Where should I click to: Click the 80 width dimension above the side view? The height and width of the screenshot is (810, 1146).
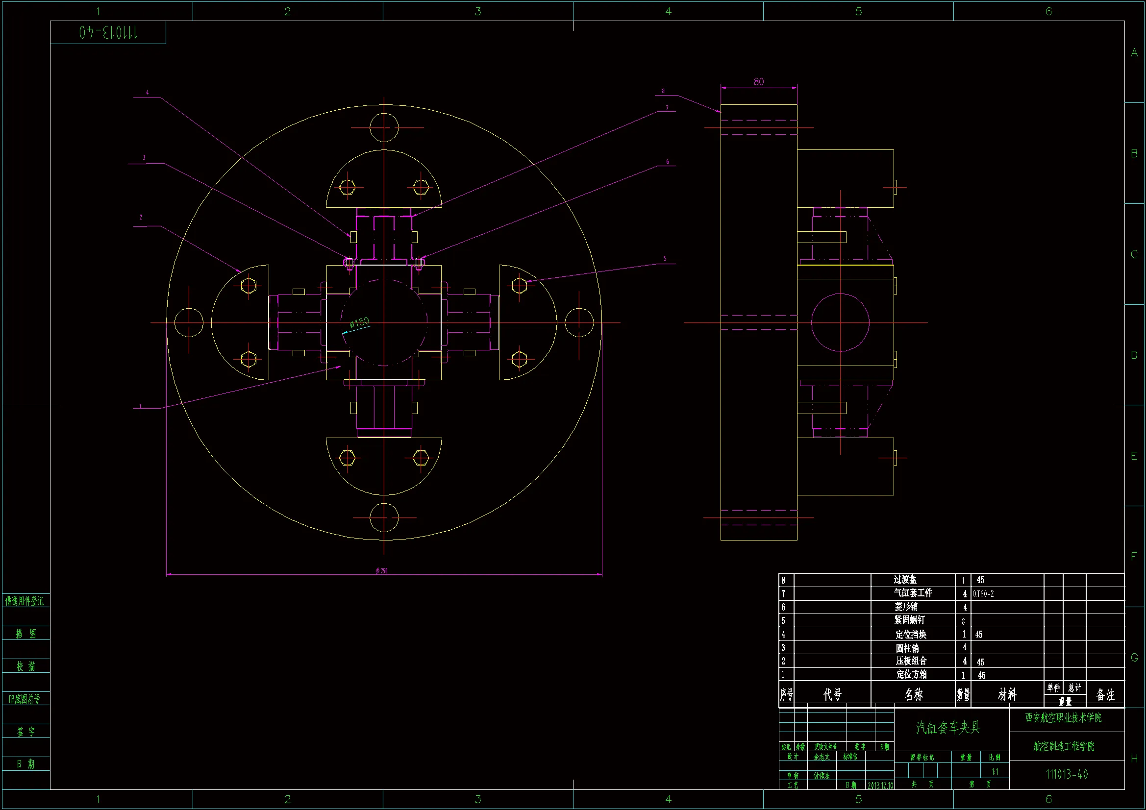coord(758,82)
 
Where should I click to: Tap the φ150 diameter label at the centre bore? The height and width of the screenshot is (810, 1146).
coord(359,322)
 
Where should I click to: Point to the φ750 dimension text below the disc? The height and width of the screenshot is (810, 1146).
coord(382,571)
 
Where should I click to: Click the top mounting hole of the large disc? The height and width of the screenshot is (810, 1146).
coord(384,128)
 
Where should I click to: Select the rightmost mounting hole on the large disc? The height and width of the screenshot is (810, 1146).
coord(579,322)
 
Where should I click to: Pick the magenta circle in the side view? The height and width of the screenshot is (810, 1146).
coord(840,322)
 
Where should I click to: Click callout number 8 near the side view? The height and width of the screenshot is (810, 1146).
coord(663,91)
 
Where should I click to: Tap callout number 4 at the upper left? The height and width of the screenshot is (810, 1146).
coord(147,92)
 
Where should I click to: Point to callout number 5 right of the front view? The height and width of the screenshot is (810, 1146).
coord(665,259)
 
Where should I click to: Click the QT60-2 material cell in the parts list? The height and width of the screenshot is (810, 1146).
coord(983,594)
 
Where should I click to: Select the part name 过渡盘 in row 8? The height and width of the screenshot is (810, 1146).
coord(905,579)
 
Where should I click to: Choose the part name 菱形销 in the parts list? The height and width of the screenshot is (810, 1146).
coord(906,607)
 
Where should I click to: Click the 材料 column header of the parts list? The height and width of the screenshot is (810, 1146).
coord(1007,694)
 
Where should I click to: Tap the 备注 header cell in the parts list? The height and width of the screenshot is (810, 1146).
coord(1105,694)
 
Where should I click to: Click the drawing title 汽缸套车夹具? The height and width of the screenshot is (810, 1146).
coord(948,728)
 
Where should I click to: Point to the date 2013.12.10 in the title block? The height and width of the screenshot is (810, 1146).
coord(880,785)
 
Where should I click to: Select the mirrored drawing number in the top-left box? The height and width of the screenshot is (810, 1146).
coord(108,33)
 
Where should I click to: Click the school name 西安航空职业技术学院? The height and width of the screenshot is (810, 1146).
coord(1063,718)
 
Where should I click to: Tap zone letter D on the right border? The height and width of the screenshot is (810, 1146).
coord(1134,355)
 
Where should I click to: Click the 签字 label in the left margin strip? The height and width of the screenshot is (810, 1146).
coord(26,732)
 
